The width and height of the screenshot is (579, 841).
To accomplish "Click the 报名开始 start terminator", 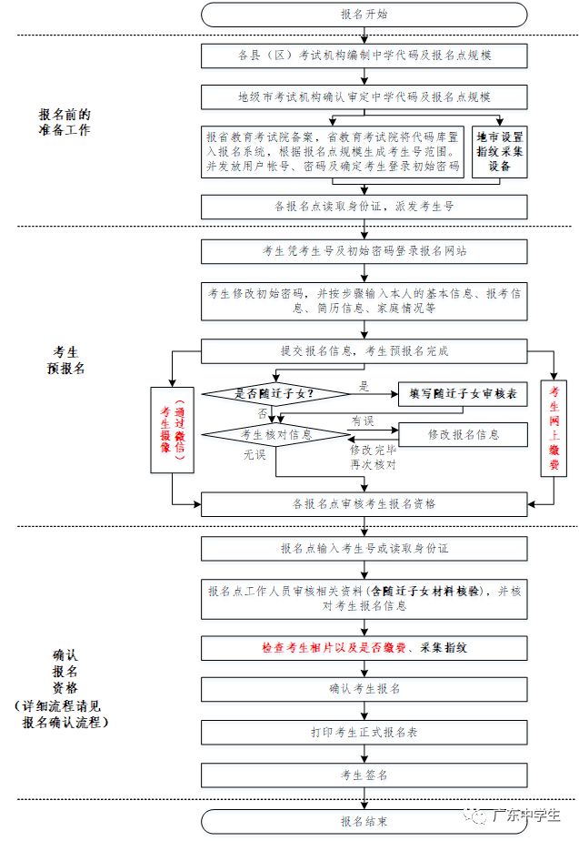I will [x=364, y=15].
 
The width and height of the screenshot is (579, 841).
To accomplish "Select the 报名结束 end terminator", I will [x=364, y=821].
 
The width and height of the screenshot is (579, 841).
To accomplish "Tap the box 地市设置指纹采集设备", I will [x=501, y=153].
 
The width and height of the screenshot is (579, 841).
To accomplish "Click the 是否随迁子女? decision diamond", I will [x=275, y=393].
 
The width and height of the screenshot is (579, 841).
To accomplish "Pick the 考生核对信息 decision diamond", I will [x=275, y=435].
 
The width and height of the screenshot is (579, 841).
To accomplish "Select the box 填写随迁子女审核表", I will [x=463, y=393].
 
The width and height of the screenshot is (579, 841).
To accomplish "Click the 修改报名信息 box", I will [x=463, y=435].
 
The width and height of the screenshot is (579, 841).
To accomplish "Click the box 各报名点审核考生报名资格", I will [x=364, y=503].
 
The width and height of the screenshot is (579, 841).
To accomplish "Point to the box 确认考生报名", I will [x=364, y=688].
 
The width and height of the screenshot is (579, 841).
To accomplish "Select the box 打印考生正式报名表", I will [x=364, y=731].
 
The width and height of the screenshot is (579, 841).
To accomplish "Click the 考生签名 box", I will [x=364, y=775].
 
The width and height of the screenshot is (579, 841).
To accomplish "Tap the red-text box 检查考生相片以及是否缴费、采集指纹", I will [x=364, y=647].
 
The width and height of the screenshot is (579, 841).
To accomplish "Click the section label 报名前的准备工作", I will [x=65, y=123].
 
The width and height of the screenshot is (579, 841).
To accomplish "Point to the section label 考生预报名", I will [x=65, y=360].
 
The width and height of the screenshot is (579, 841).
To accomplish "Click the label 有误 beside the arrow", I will [x=364, y=420].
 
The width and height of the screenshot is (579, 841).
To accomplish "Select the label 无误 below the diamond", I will [x=254, y=454].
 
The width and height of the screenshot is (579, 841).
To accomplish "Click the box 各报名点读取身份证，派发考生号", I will [x=364, y=207].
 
